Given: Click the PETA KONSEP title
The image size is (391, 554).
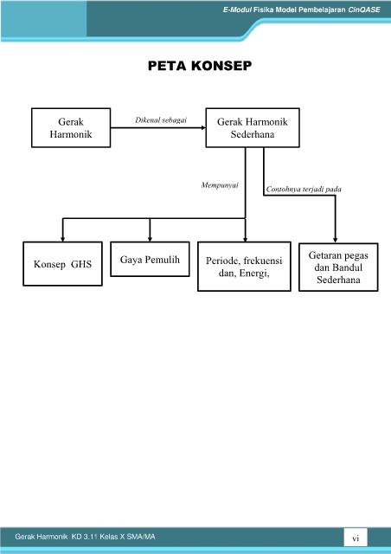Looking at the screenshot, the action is point(200,66).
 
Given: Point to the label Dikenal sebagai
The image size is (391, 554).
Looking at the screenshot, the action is point(161,119).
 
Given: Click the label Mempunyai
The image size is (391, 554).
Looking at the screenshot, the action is point(220,184).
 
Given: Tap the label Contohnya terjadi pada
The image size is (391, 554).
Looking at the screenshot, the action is point(304,189).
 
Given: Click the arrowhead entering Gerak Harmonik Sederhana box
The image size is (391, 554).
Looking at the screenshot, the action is point(203,127).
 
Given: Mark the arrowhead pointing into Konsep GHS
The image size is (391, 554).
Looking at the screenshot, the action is point(62,240).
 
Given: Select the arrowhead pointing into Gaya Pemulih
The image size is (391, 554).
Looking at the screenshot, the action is point(150,240).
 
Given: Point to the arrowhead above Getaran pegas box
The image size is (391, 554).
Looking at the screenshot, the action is point(335,241).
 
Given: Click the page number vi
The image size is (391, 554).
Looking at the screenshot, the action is point(356,538).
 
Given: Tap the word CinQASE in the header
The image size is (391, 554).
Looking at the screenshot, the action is point(364,10).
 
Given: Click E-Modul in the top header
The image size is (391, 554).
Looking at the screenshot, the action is point(237,10).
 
